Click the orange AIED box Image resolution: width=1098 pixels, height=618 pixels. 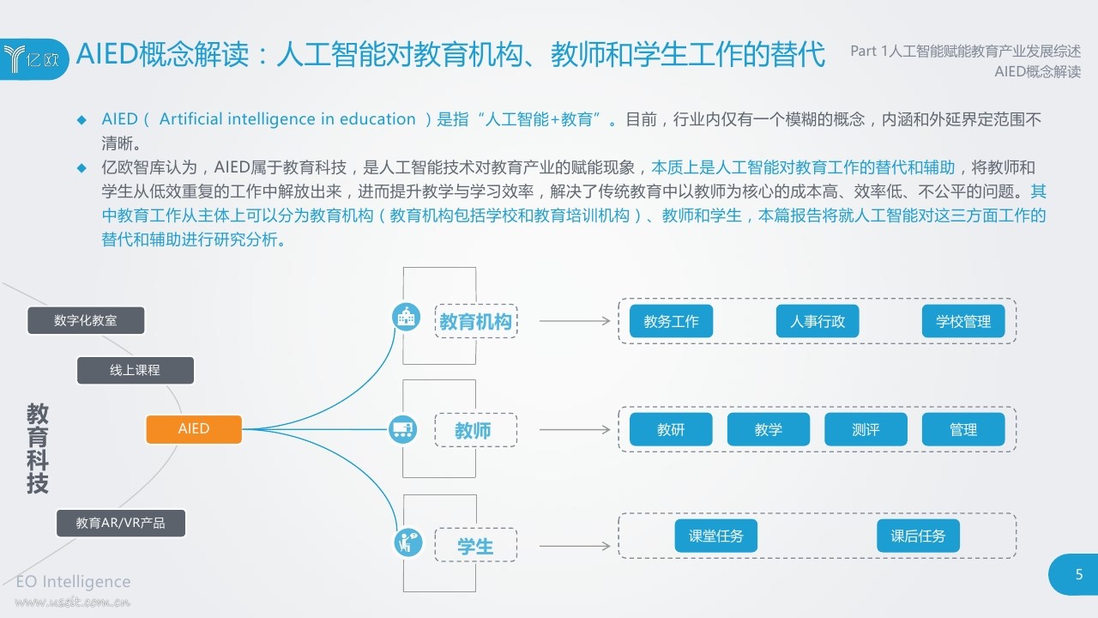pyautogui.click(x=194, y=429)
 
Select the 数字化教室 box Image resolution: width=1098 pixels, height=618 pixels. pyautogui.click(x=86, y=320)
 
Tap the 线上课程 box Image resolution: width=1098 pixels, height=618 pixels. pyautogui.click(x=136, y=370)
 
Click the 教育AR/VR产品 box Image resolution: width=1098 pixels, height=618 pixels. pyautogui.click(x=121, y=523)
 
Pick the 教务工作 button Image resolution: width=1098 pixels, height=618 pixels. pyautogui.click(x=671, y=322)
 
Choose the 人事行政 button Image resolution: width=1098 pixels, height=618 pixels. pyautogui.click(x=817, y=322)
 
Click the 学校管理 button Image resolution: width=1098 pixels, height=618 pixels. pyautogui.click(x=963, y=322)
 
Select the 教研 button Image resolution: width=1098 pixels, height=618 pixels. pyautogui.click(x=671, y=430)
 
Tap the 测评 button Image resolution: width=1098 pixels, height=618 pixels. pyautogui.click(x=866, y=430)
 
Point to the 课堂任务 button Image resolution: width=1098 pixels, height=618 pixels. pyautogui.click(x=716, y=536)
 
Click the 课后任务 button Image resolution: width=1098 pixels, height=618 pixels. pyautogui.click(x=918, y=536)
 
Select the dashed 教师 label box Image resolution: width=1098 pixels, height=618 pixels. pyautogui.click(x=475, y=430)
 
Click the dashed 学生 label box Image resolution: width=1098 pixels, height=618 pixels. pyautogui.click(x=475, y=547)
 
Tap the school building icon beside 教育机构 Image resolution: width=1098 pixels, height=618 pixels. pyautogui.click(x=406, y=317)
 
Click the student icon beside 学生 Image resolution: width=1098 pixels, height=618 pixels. pyautogui.click(x=406, y=542)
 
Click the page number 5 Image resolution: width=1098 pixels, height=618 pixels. pyautogui.click(x=1079, y=575)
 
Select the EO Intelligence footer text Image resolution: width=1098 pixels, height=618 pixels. pyautogui.click(x=74, y=582)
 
